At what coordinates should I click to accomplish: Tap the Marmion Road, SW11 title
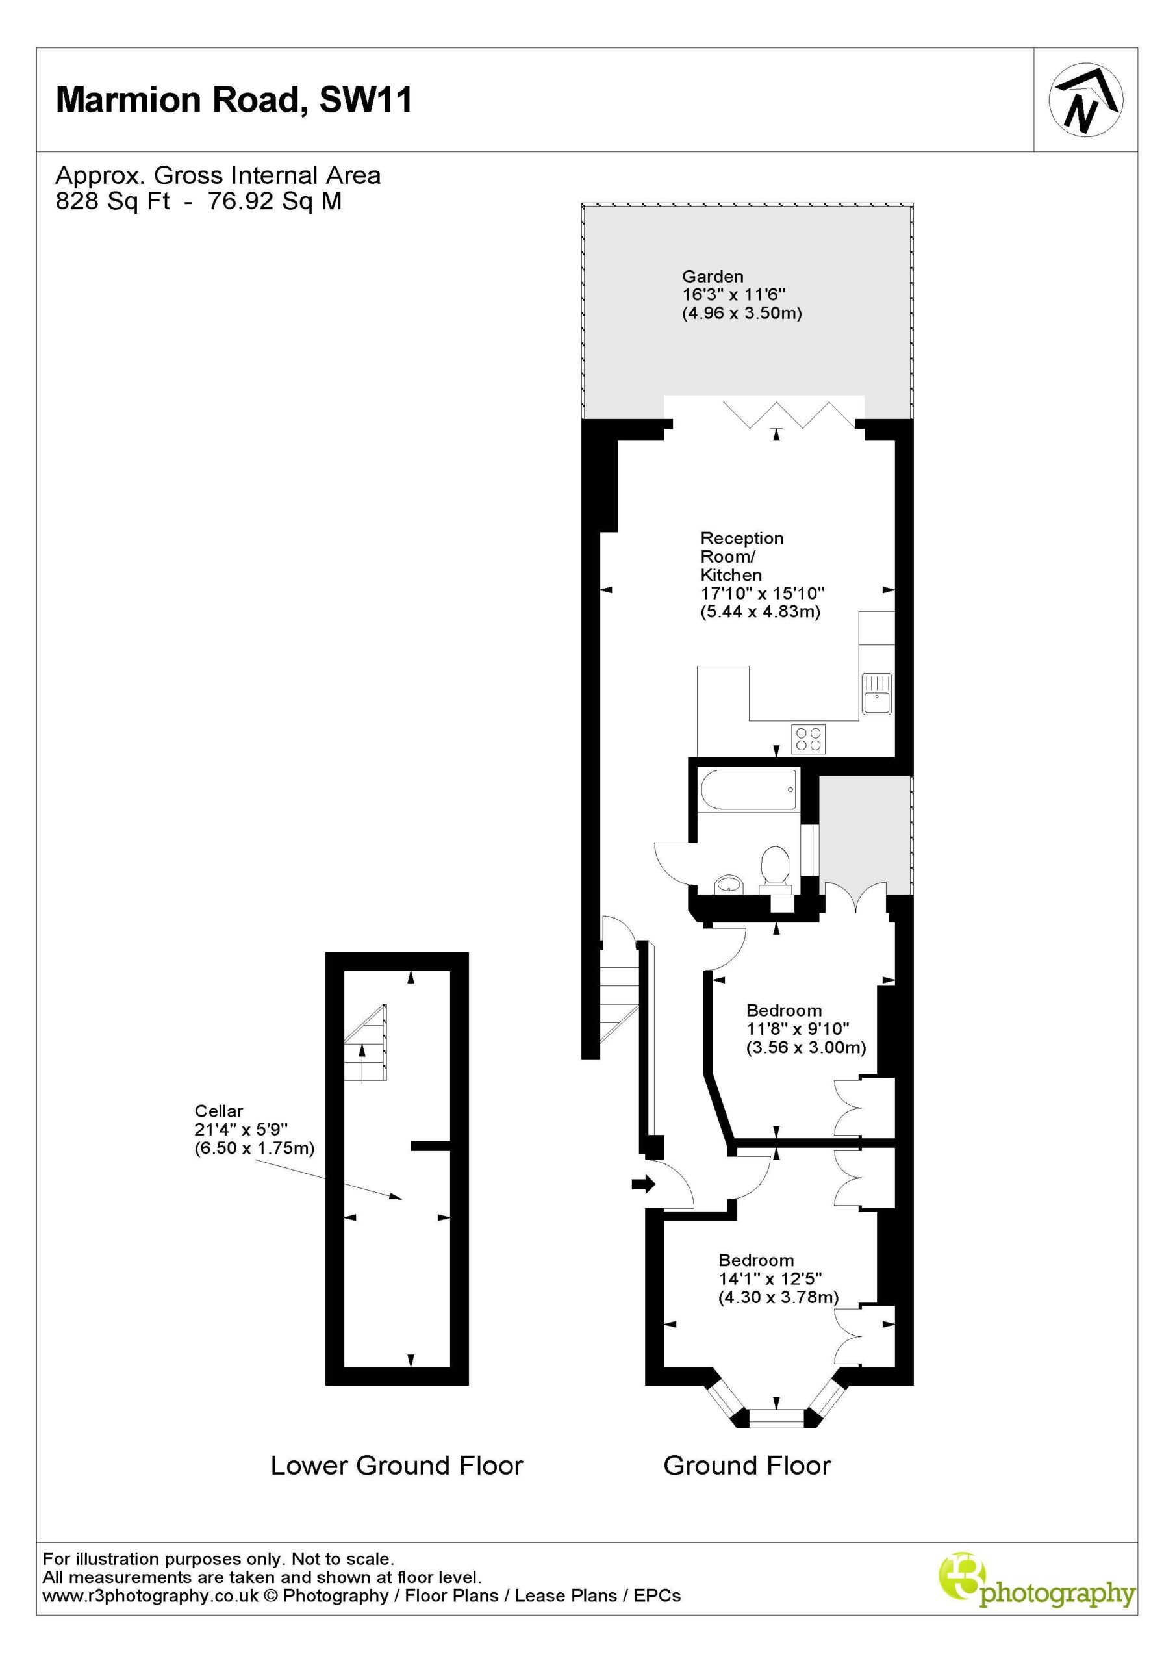coord(234,99)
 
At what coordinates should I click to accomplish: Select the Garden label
coord(713,276)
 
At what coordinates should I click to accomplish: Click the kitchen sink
coord(877,694)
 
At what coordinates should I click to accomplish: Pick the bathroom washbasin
coord(729,884)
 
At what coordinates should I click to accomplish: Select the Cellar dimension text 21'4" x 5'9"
coord(241,1129)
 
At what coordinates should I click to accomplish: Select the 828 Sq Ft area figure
coord(113,201)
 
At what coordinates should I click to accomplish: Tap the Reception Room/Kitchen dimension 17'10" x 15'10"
coord(763,593)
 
